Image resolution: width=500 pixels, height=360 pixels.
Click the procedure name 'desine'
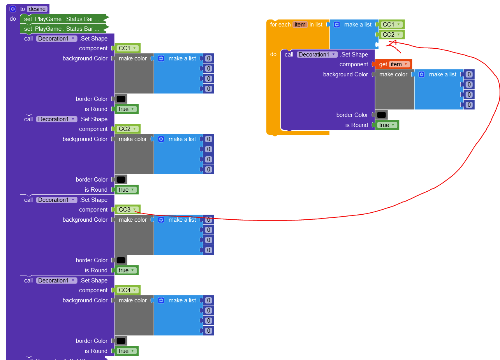(x=37, y=9)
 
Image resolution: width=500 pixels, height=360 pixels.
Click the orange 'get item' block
(x=393, y=64)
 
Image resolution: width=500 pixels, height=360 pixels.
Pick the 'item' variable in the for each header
(x=300, y=25)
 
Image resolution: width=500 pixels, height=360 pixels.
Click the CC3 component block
(x=127, y=210)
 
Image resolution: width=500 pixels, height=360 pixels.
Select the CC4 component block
(x=127, y=290)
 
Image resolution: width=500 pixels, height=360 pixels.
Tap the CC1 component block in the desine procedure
(x=127, y=48)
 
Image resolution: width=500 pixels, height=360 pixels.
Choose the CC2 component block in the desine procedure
(x=127, y=129)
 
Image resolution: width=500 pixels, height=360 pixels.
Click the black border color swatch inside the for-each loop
(x=381, y=115)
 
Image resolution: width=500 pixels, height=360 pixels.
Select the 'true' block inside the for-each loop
(x=387, y=125)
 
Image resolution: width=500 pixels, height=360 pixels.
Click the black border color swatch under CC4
(x=121, y=341)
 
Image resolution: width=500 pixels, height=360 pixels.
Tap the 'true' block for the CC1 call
(x=126, y=109)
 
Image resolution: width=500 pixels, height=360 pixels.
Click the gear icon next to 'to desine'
(x=13, y=9)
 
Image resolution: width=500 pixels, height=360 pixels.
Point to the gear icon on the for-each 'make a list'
(x=337, y=25)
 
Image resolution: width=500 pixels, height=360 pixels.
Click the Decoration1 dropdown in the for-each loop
(x=317, y=55)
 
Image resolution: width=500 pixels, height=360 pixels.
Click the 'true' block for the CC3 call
(x=126, y=270)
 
